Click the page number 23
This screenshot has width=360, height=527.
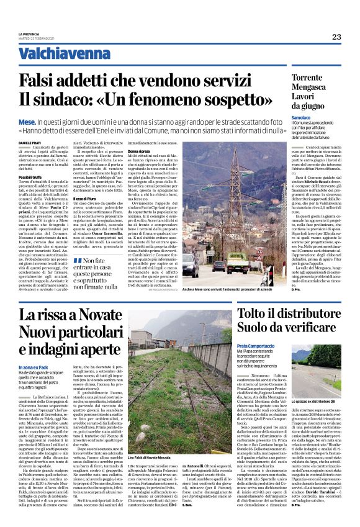pyautogui.click(x=336, y=37)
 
